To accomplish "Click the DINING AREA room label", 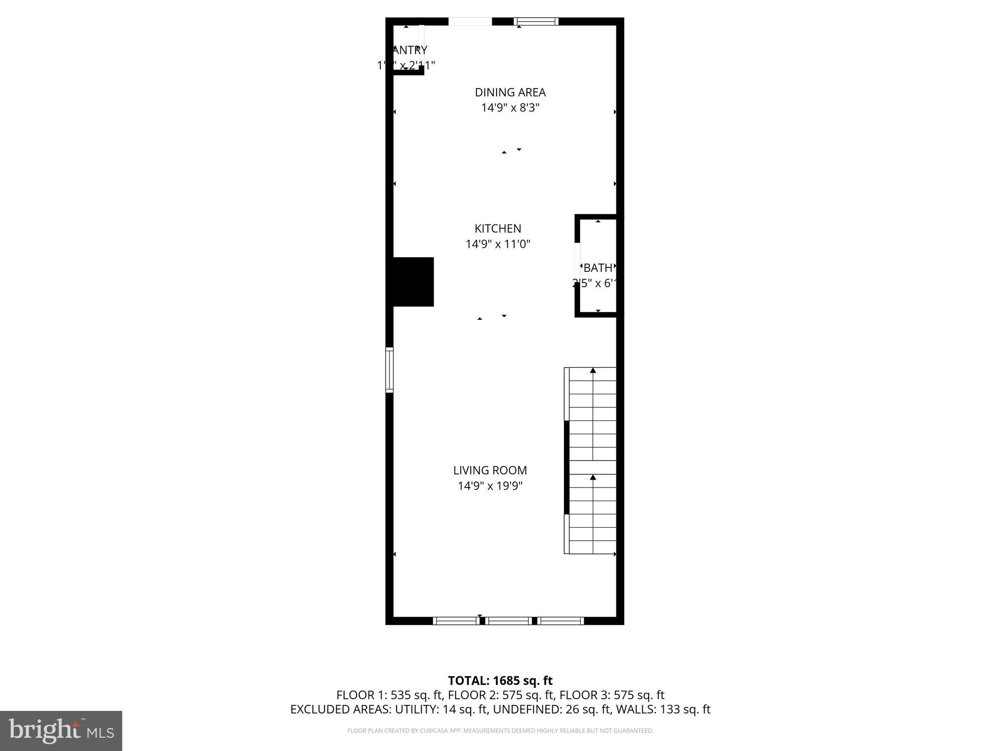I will [510, 92].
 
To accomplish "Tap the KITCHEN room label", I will [498, 228].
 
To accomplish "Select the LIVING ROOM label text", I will [490, 470].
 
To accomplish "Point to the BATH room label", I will [598, 268].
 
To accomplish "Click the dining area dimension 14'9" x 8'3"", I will [510, 108].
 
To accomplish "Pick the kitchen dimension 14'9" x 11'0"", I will [498, 244].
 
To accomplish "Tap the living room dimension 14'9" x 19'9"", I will [490, 486].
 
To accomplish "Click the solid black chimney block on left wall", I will [413, 282].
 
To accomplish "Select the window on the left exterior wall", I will [390, 370].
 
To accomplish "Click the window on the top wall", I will [536, 21].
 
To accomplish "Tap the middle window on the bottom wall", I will [509, 620].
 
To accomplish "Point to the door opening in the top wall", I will [470, 21].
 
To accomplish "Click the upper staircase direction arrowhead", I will [593, 371].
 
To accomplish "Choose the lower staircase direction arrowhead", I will [593, 477].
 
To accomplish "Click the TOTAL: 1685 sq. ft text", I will [500, 681].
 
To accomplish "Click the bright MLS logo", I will [61, 730].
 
